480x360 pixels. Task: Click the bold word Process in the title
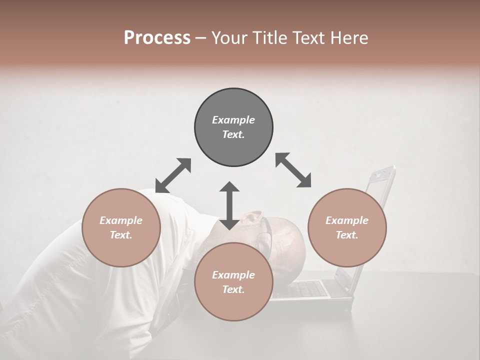point(157,38)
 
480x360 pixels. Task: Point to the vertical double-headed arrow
point(229,205)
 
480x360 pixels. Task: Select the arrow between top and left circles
point(173,175)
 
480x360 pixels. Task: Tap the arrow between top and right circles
point(293,170)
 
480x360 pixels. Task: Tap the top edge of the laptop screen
point(382,169)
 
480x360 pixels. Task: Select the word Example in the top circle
point(233,120)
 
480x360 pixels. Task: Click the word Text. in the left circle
point(121,235)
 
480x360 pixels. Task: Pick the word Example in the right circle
point(347,220)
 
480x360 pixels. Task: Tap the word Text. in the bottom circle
point(233,289)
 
